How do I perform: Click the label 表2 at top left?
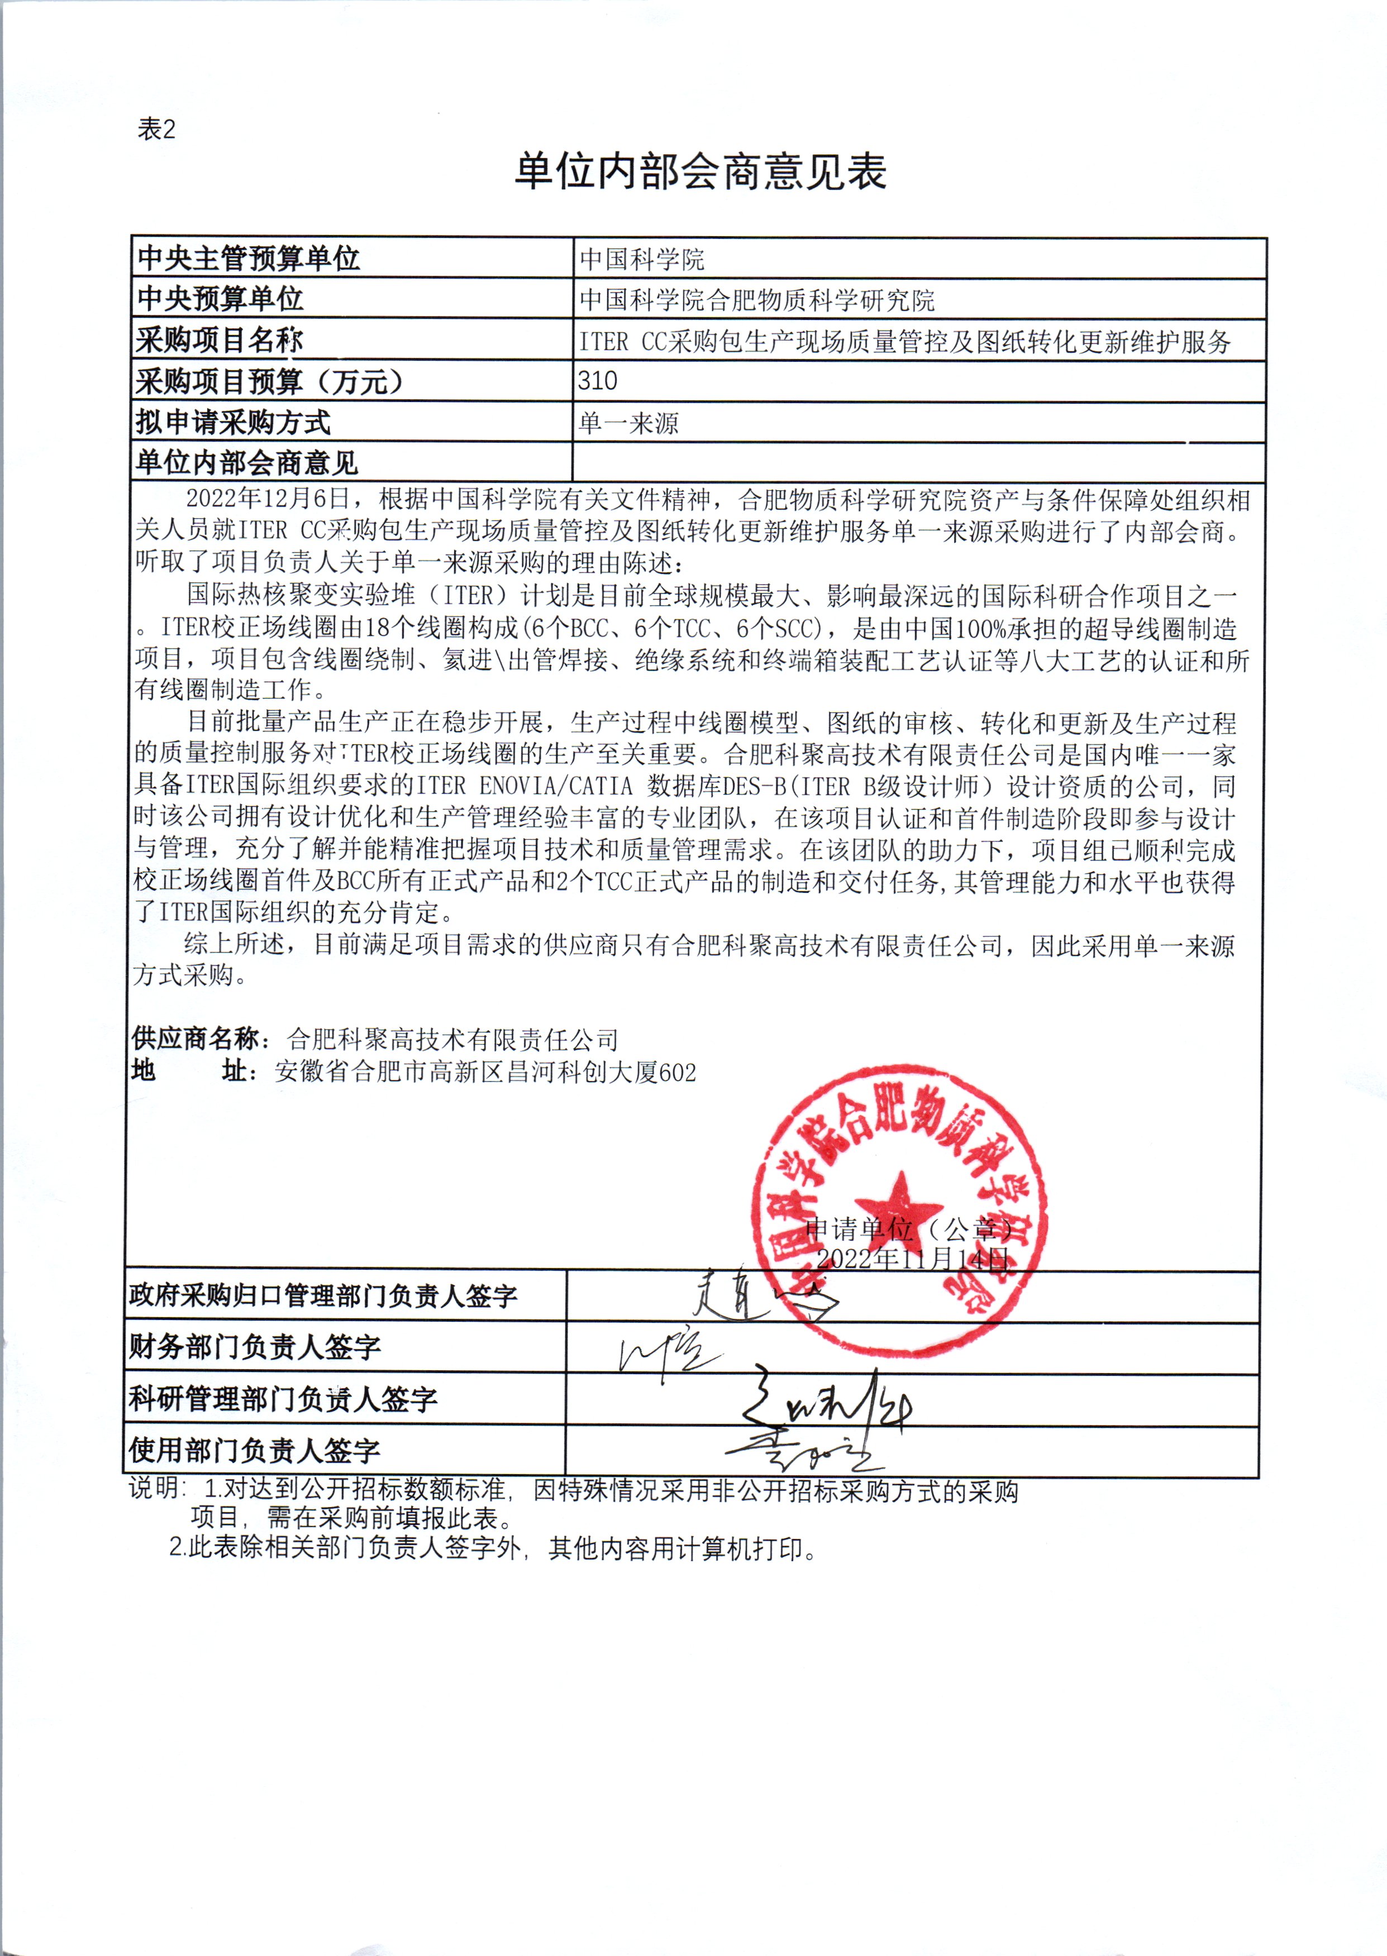click(156, 130)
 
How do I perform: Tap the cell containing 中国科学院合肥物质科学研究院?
click(757, 300)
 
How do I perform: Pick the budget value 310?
click(597, 381)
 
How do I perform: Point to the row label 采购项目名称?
click(220, 341)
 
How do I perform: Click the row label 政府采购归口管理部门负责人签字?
click(323, 1296)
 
